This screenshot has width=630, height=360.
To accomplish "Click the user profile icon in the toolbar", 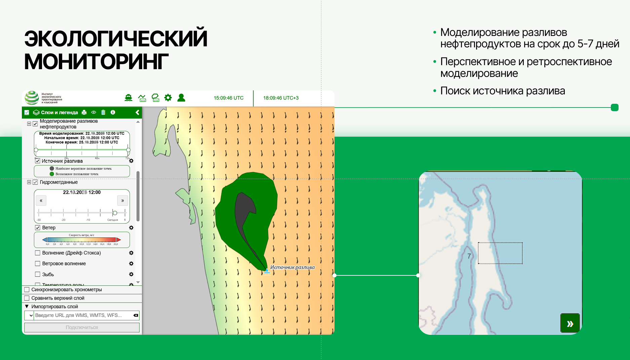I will [181, 98].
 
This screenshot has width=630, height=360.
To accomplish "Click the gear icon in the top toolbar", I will [168, 98].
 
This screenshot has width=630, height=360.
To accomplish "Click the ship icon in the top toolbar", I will [128, 98].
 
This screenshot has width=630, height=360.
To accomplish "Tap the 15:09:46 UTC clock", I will [229, 98].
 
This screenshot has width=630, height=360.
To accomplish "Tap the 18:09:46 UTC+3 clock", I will [281, 98].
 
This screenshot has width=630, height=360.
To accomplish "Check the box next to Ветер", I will [38, 228].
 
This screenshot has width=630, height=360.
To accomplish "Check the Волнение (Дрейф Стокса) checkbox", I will [38, 253].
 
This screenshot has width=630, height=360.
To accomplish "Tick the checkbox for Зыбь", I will [38, 274].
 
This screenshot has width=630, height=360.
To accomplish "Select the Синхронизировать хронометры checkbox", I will [27, 289].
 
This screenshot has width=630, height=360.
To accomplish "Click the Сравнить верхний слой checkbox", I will [27, 298].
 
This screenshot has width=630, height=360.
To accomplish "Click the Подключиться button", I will [82, 327].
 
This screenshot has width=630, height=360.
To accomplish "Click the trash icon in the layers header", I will [103, 113].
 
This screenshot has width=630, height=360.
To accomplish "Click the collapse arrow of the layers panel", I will [137, 113].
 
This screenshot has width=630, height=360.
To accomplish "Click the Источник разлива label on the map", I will [292, 267].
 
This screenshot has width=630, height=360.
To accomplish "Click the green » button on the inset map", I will [570, 323].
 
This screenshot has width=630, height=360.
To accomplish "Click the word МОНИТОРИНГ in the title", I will [96, 62].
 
